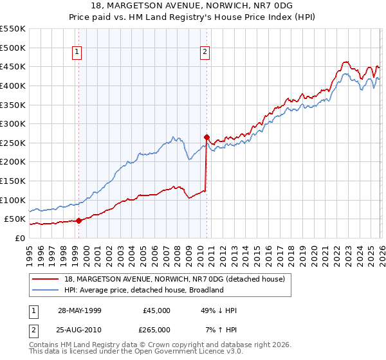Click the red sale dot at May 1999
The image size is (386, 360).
78,221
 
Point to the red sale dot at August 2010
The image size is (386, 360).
207,137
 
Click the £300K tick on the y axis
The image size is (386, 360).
13,123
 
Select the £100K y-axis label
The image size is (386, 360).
13,200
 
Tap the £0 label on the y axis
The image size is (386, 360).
19,238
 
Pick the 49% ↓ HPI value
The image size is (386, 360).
219,310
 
